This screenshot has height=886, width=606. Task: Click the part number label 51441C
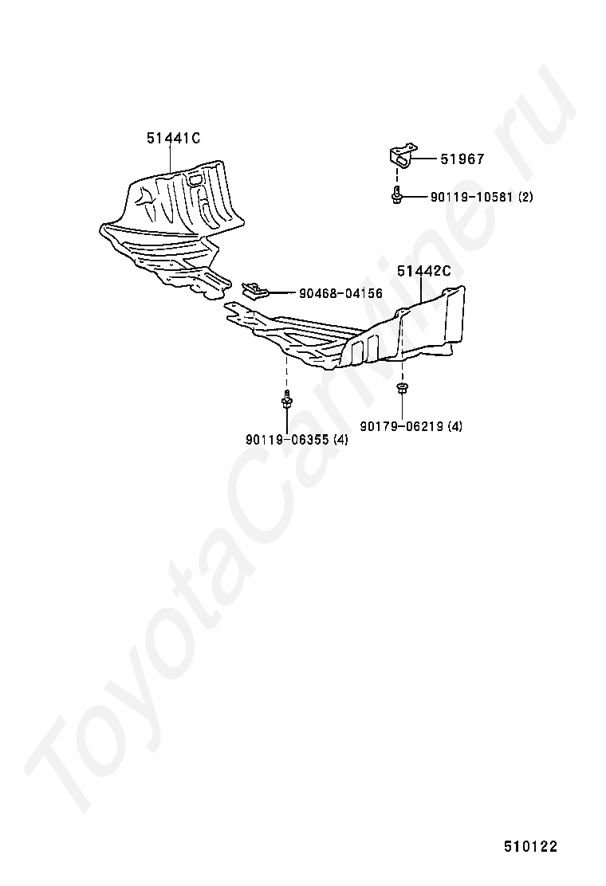point(172,139)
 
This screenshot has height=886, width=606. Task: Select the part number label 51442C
point(423,272)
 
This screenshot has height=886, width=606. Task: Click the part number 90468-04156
point(340,294)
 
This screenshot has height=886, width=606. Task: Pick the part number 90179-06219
point(401,426)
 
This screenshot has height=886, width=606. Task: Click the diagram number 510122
point(529,846)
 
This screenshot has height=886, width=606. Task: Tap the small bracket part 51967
point(403,156)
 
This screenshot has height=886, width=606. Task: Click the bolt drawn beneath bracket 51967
point(396,196)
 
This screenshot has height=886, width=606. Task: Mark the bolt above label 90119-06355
point(285,402)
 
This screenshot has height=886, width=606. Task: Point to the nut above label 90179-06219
point(401,389)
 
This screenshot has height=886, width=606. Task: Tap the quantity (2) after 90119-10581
point(525,197)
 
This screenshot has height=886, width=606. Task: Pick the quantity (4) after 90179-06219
point(454,426)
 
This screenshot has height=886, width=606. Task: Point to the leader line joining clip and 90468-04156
point(283,293)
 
